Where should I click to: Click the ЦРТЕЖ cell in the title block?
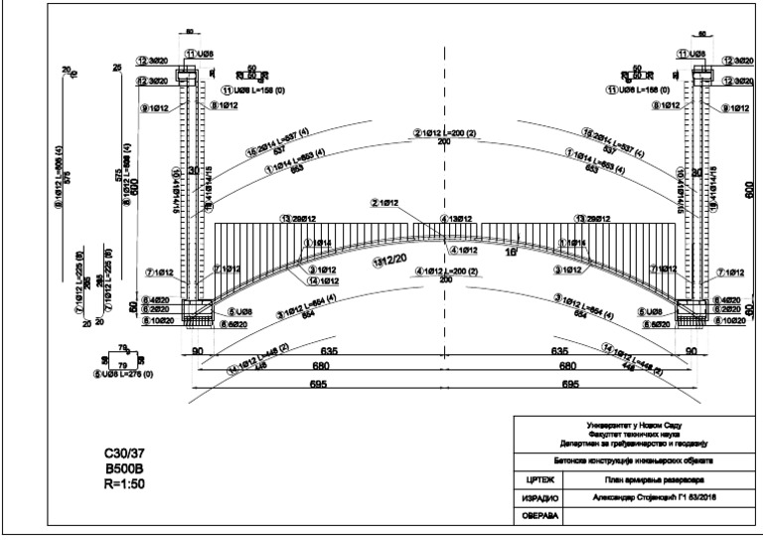tap(537, 478)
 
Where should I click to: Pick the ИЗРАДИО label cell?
tap(537, 497)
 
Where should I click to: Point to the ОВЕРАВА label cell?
tap(537, 516)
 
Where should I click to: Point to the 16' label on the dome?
tap(511, 255)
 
